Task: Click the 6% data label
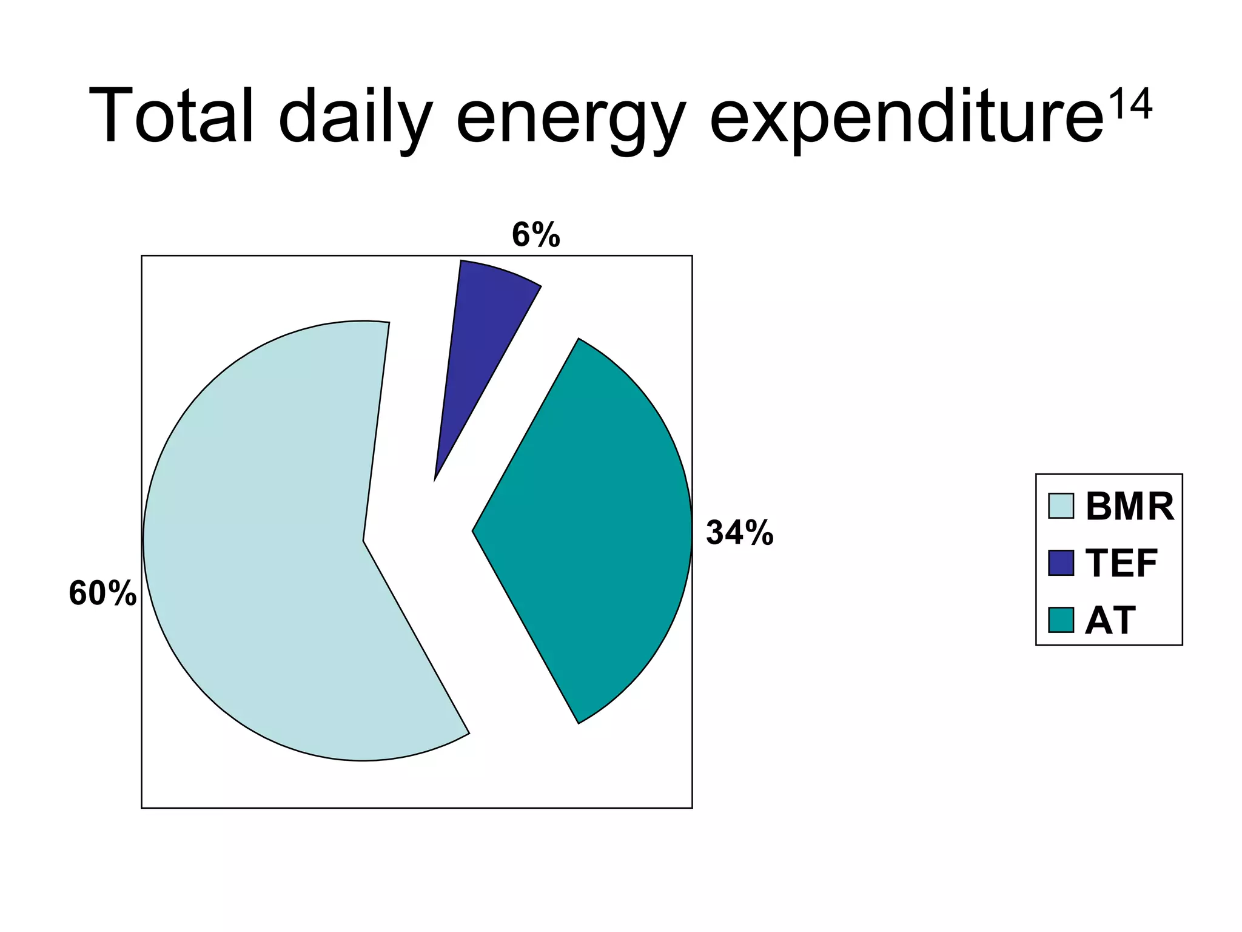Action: tap(535, 235)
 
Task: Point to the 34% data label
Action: tap(739, 533)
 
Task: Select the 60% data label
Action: tap(102, 593)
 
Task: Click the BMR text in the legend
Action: tap(1129, 506)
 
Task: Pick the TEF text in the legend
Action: tap(1121, 563)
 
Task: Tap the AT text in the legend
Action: tap(1110, 620)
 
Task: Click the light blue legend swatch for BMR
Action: tap(1061, 506)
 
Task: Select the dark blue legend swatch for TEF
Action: tap(1061, 563)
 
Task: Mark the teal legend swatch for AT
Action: tap(1061, 620)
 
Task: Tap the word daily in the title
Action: tap(355, 118)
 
